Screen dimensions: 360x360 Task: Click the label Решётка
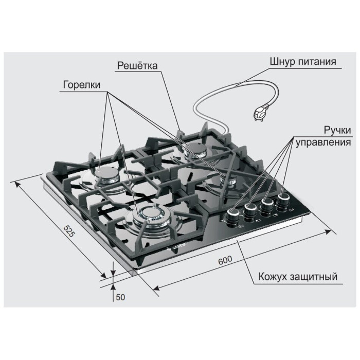pyautogui.click(x=137, y=66)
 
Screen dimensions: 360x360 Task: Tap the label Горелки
pyautogui.click(x=82, y=85)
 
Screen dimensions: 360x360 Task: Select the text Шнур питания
pyautogui.click(x=303, y=62)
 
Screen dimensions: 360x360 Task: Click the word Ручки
pyautogui.click(x=337, y=130)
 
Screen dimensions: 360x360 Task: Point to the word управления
pyautogui.click(x=323, y=142)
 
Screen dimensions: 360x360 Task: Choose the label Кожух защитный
pyautogui.click(x=298, y=277)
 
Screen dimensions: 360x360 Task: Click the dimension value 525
pyautogui.click(x=69, y=231)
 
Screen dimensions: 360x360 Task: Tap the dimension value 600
pyautogui.click(x=225, y=260)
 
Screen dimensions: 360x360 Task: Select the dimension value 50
pyautogui.click(x=120, y=297)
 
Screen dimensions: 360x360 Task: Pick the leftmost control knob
pyautogui.click(x=233, y=217)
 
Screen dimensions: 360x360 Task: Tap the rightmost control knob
pyautogui.click(x=283, y=200)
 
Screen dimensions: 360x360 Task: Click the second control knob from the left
pyautogui.click(x=250, y=210)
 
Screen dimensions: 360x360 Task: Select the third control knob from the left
pyautogui.click(x=267, y=205)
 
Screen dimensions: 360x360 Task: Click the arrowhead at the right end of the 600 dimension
pyautogui.click(x=328, y=231)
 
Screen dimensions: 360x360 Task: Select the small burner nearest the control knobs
pyautogui.click(x=228, y=179)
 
